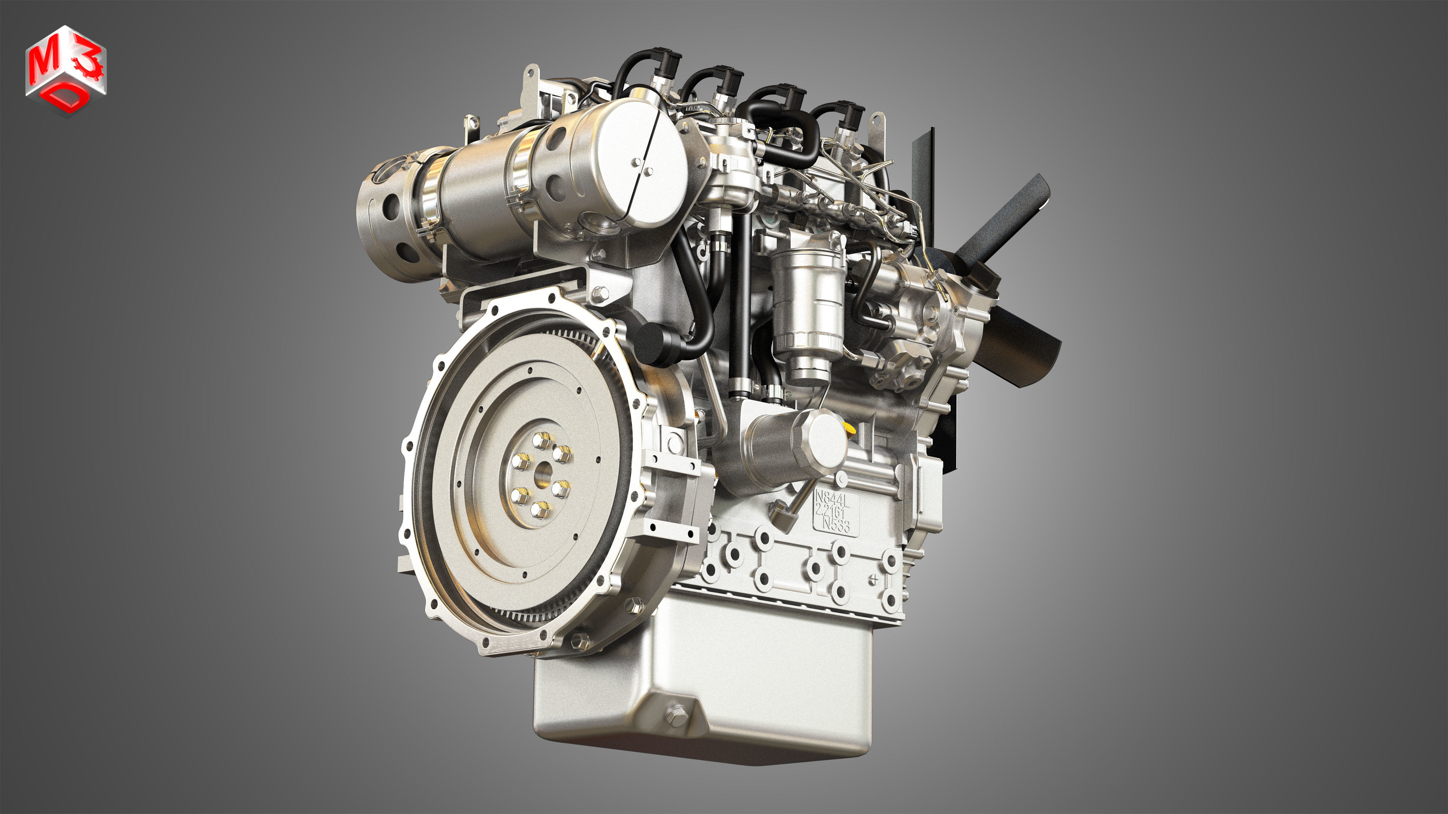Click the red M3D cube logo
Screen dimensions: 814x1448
[65, 70]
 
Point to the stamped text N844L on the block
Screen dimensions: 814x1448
[832, 498]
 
